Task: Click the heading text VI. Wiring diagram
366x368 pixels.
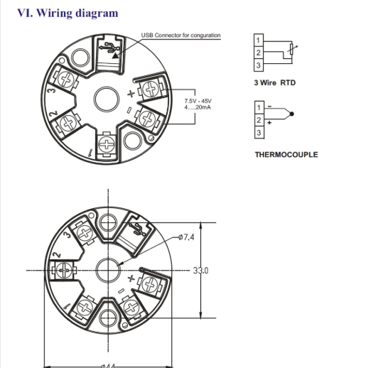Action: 68,13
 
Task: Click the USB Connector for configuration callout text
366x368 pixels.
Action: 181,35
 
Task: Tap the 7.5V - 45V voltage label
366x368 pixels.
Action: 198,100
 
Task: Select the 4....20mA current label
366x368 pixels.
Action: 198,107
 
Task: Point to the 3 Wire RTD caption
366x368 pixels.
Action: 274,83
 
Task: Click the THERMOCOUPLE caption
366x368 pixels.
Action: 286,154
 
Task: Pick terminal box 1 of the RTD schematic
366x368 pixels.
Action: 259,39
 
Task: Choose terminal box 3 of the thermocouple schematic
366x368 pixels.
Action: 259,133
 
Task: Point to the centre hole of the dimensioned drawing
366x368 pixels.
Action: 108,271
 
